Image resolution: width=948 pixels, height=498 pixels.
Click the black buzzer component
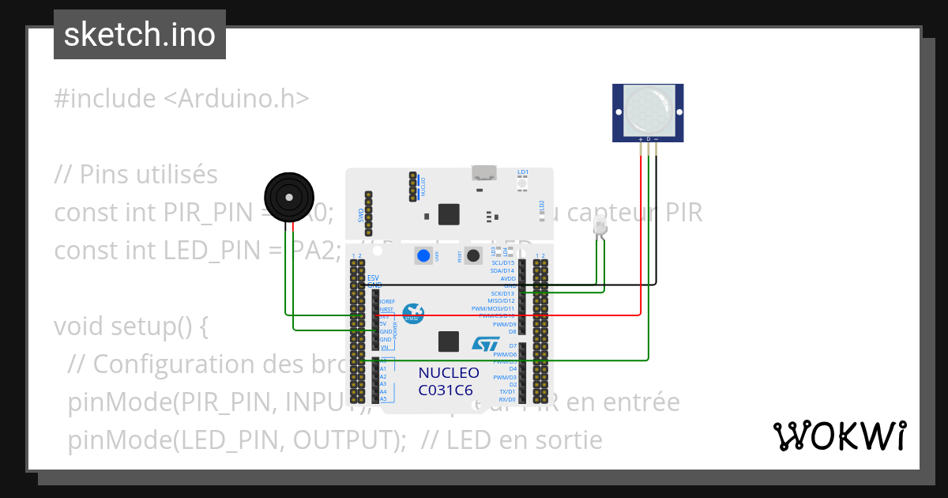(288, 197)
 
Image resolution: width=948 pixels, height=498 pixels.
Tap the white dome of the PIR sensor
(648, 110)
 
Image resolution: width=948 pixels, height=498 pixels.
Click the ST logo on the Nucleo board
(486, 343)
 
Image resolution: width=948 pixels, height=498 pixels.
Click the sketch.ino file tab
(140, 35)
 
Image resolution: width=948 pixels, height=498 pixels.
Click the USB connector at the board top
(481, 174)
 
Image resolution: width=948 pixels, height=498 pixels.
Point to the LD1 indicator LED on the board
(522, 183)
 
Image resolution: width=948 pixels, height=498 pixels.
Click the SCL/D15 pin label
(502, 263)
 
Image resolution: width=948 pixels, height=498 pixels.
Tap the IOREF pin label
(386, 302)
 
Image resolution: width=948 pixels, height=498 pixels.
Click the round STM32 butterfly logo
(412, 313)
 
